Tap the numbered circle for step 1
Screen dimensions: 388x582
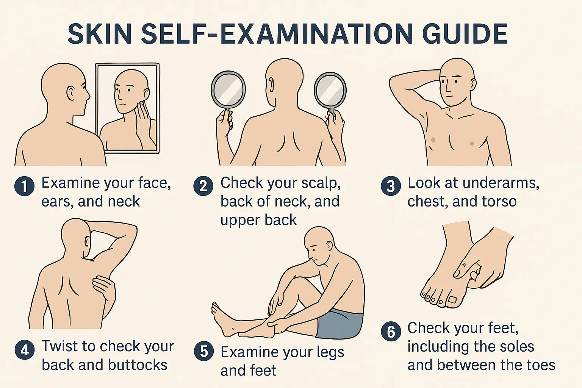(x=24, y=186)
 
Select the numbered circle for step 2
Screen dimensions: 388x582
(x=203, y=186)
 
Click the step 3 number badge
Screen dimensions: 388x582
(x=391, y=186)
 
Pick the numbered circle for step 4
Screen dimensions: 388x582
(x=24, y=350)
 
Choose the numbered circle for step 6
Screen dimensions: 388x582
(x=391, y=332)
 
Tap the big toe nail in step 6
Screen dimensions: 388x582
(x=452, y=300)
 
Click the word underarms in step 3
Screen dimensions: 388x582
(x=500, y=183)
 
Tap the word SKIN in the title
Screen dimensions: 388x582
(x=100, y=34)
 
